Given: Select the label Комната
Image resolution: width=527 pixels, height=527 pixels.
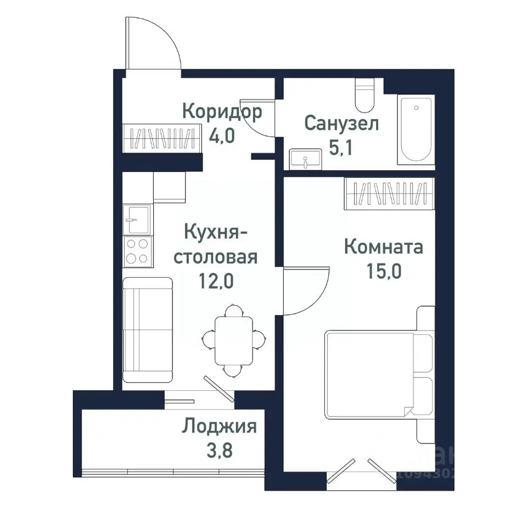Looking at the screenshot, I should [x=383, y=247].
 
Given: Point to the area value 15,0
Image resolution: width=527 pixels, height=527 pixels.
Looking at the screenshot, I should [x=383, y=271].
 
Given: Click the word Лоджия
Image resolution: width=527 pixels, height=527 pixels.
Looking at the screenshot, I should [x=220, y=426].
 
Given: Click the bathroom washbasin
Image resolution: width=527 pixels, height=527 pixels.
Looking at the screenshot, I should [x=304, y=159].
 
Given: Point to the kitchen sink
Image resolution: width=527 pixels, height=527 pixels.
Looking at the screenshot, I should [x=137, y=220].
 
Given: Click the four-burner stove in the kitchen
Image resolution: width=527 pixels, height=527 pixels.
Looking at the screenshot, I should [x=137, y=251].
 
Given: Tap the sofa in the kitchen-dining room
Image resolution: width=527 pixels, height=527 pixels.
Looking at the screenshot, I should [x=147, y=329].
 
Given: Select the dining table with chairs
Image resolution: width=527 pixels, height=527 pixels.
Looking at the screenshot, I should [x=233, y=340].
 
